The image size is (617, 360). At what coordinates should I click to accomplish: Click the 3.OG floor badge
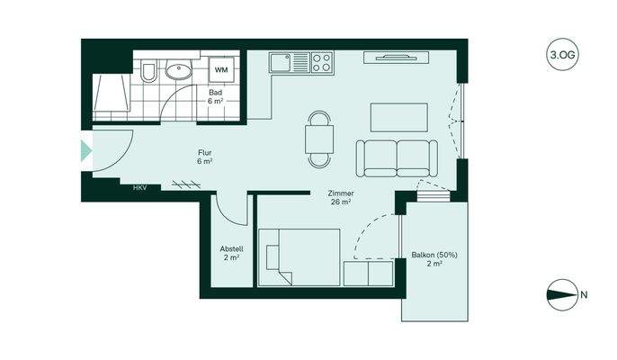[561, 55]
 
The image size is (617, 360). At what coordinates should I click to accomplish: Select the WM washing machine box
[221, 68]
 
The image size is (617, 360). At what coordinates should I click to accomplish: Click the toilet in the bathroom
[149, 70]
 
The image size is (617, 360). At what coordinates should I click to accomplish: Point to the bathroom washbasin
[178, 70]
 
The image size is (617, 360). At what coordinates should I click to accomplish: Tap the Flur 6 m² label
[205, 157]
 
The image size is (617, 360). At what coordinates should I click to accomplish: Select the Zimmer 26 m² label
[340, 197]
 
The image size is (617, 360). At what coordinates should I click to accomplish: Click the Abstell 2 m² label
[231, 253]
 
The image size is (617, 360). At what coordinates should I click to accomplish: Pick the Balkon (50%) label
[434, 259]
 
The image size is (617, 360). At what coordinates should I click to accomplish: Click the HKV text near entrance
[139, 187]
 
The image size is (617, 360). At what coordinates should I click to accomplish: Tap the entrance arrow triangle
[86, 150]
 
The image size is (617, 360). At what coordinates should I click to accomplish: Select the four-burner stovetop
[321, 62]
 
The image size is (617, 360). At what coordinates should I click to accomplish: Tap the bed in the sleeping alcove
[300, 256]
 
